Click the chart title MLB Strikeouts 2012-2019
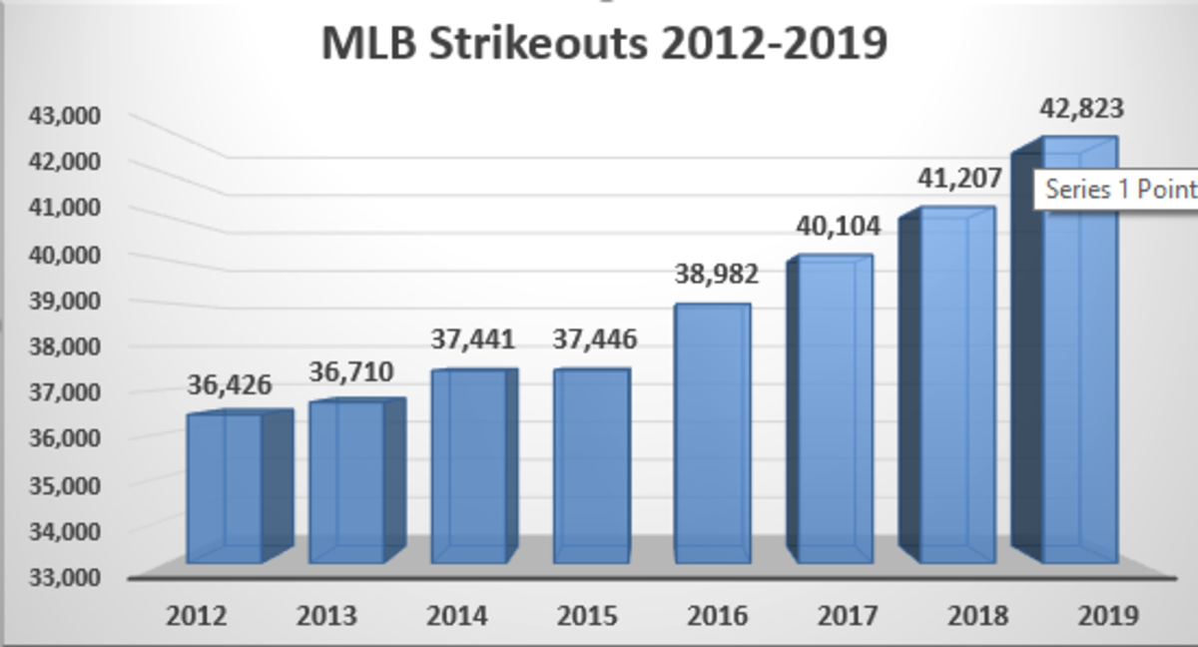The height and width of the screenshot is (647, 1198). tap(604, 45)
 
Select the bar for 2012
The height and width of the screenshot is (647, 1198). tap(226, 488)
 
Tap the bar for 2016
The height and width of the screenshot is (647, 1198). tap(712, 434)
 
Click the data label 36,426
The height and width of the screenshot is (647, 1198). tap(230, 384)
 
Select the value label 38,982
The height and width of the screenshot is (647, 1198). tap(717, 274)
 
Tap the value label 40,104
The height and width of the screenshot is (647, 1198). tap(839, 227)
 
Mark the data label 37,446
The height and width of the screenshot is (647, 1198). tap(595, 339)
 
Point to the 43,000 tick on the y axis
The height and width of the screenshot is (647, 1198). tap(61, 116)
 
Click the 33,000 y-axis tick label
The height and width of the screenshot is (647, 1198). tap(61, 577)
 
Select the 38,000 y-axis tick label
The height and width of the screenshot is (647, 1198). tap(61, 346)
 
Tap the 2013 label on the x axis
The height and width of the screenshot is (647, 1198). tap(326, 615)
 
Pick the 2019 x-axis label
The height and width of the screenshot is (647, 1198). tap(1108, 615)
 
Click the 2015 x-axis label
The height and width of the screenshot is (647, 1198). tap(587, 615)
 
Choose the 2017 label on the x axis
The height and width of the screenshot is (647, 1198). tap(848, 615)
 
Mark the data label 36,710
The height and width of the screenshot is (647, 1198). tap(351, 372)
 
